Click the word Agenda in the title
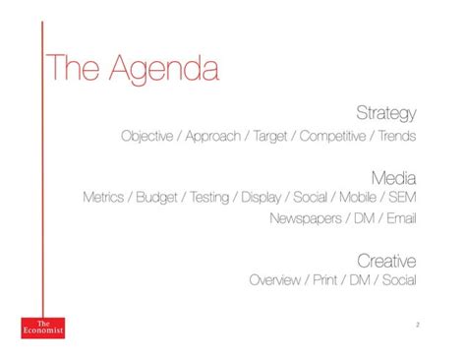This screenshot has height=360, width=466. [x=164, y=69]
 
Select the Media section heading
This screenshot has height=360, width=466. [x=393, y=177]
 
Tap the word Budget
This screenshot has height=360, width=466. [x=157, y=198]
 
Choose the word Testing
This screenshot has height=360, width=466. [x=208, y=198]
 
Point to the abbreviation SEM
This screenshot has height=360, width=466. [x=403, y=198]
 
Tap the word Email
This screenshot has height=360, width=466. [x=401, y=218]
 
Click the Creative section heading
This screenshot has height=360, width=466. [x=386, y=261]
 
